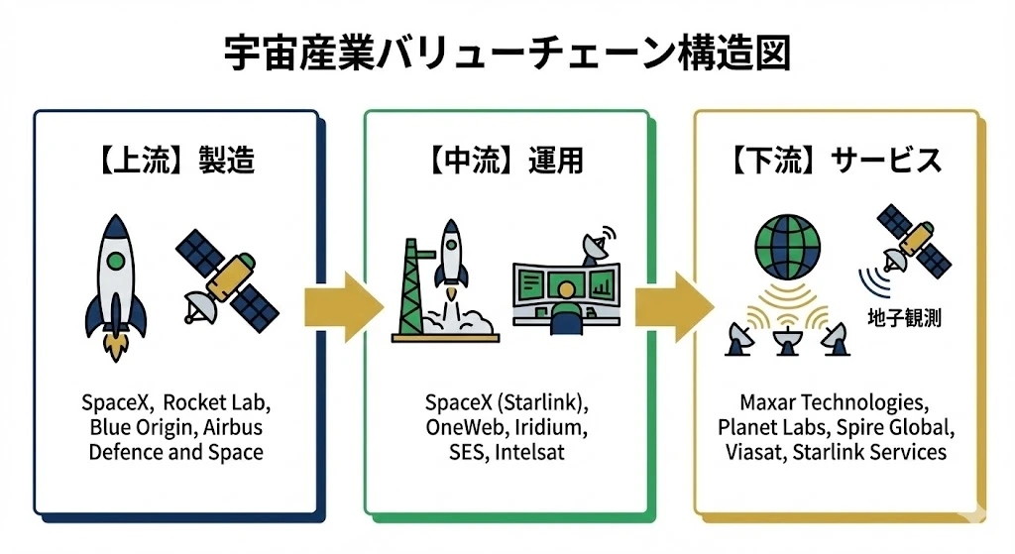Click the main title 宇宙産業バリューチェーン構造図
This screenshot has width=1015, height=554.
(507, 53)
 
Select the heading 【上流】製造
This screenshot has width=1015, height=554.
(176, 160)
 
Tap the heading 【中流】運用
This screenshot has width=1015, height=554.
(507, 160)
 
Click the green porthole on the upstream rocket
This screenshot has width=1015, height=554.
(116, 263)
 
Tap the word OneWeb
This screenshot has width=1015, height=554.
(464, 428)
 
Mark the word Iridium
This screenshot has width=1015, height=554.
(551, 428)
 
